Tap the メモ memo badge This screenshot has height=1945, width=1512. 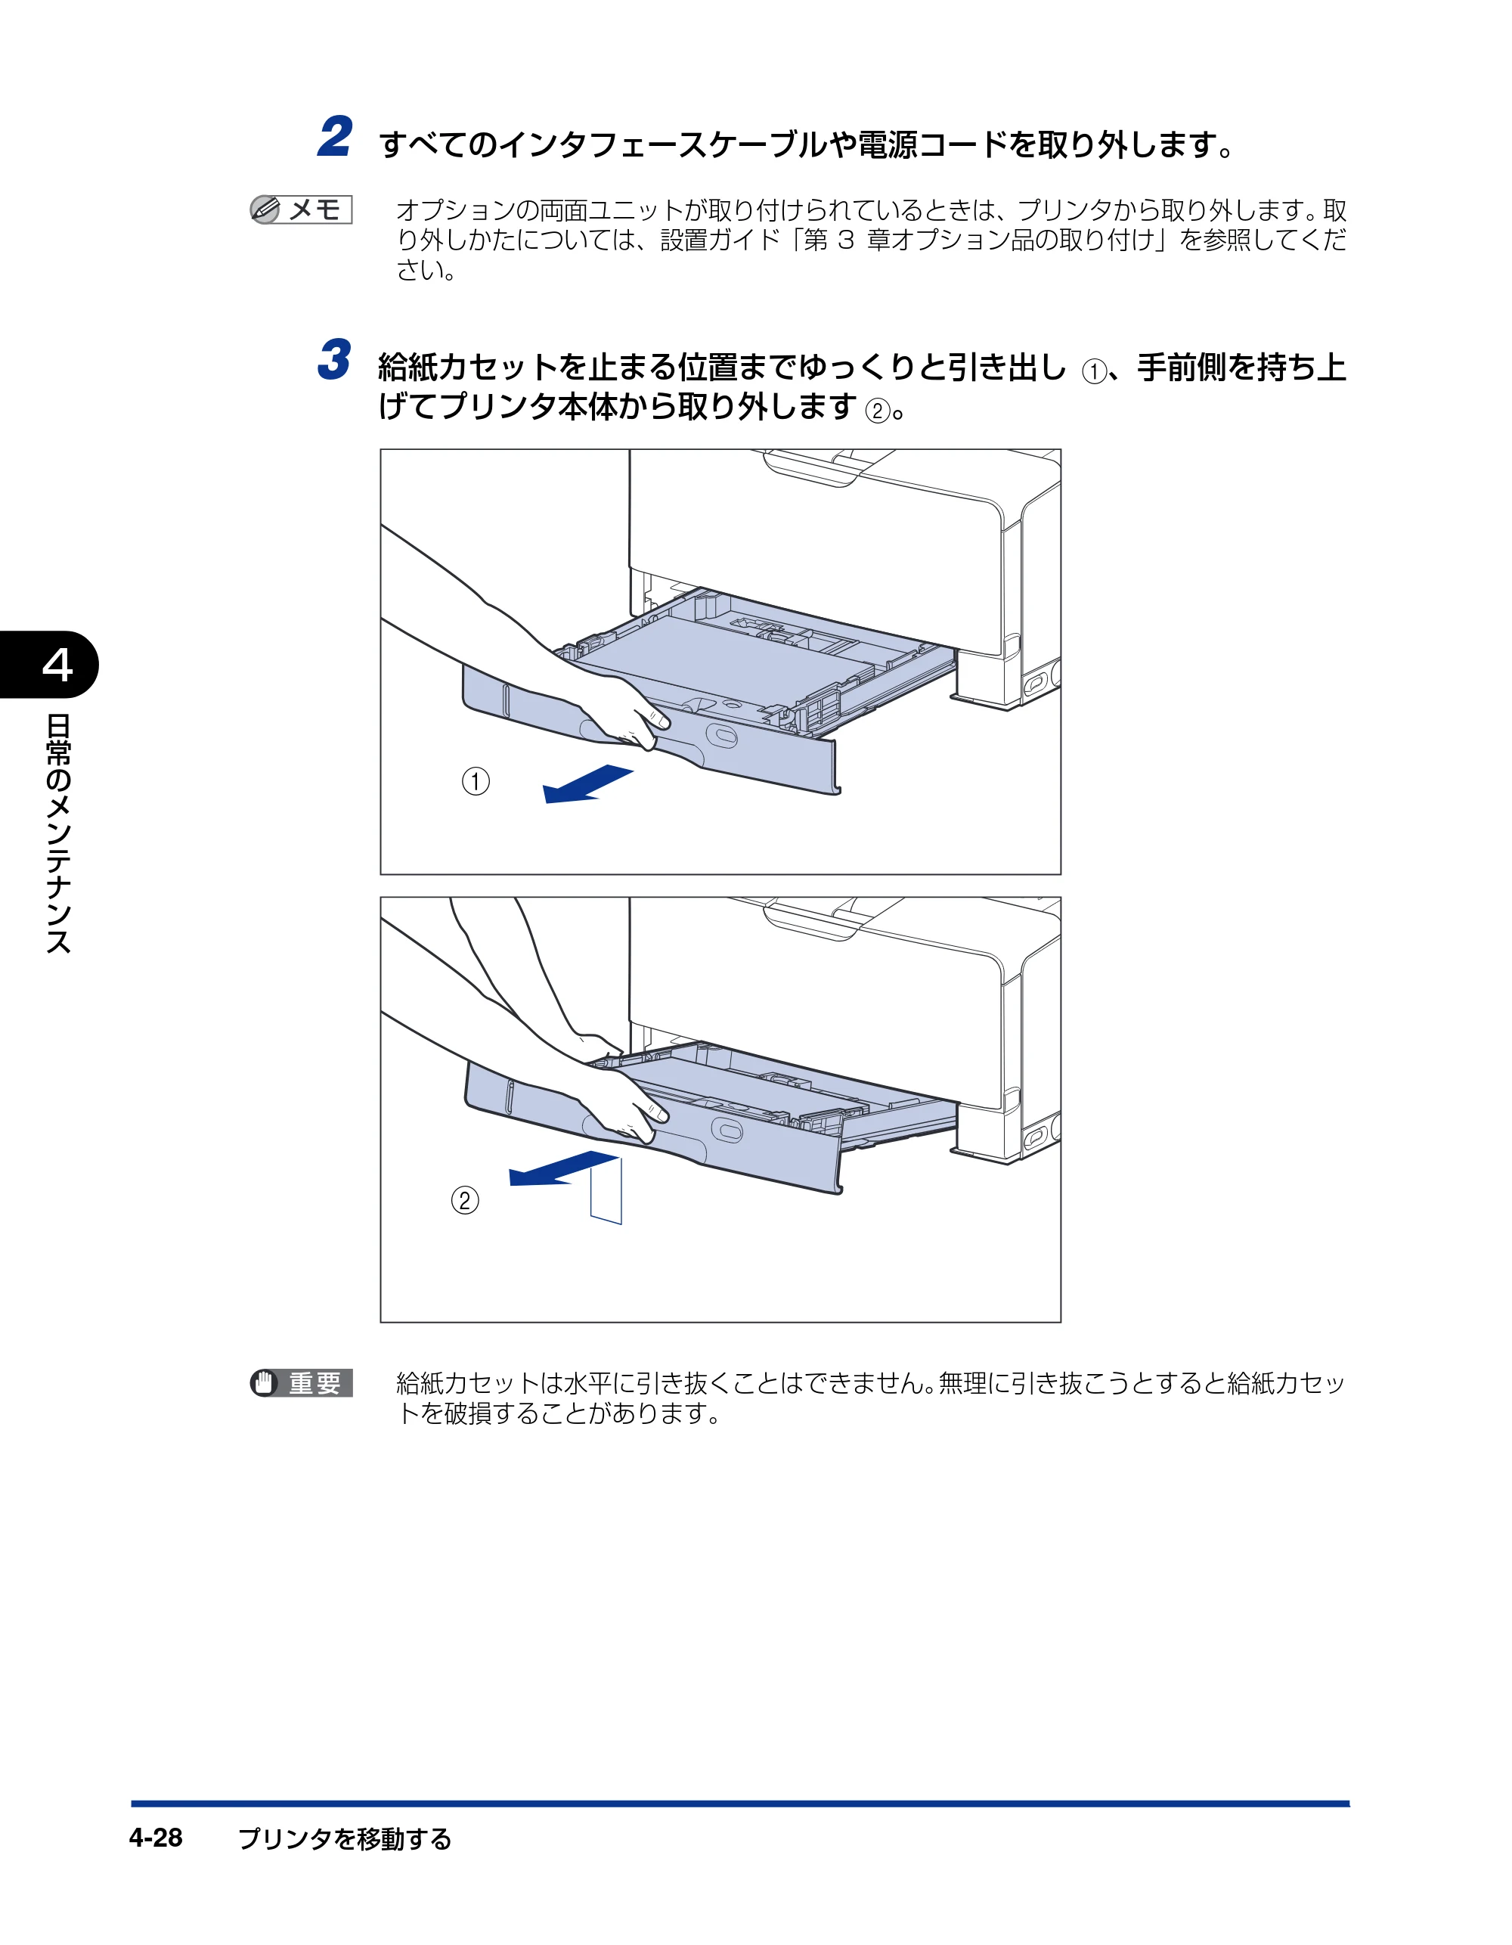click(301, 209)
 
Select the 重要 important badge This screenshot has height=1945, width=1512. click(301, 1383)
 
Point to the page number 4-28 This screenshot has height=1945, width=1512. click(156, 1838)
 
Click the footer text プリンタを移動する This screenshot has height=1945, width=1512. click(345, 1838)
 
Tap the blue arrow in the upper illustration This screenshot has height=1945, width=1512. click(587, 783)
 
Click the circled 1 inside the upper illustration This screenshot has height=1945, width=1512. click(476, 782)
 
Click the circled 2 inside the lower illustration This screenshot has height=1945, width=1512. click(465, 1200)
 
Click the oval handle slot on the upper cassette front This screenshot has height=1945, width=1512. click(722, 736)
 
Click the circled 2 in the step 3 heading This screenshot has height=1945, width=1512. click(878, 411)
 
